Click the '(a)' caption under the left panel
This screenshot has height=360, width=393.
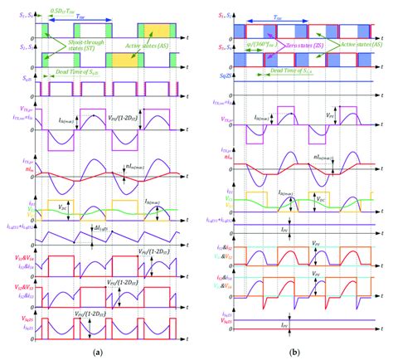tap(98, 352)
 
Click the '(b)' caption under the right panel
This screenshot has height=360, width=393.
tap(295, 352)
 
